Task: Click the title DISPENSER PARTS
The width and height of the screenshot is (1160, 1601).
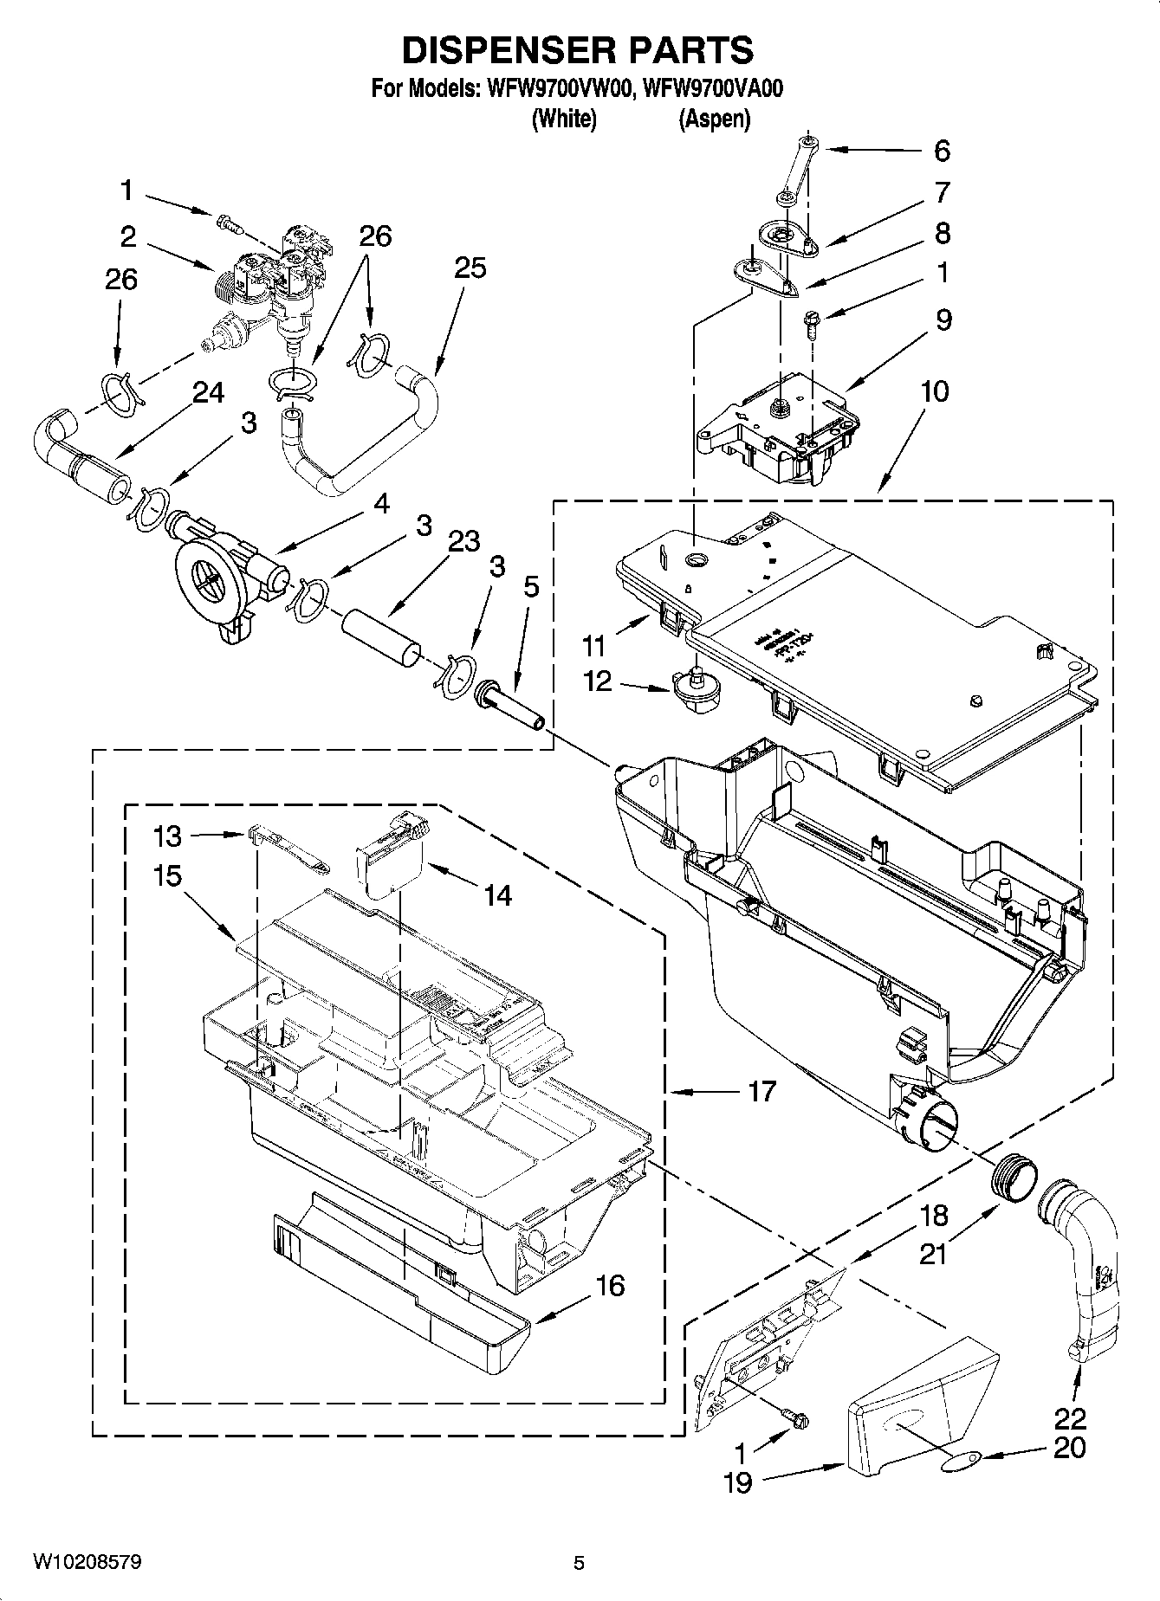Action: (x=578, y=50)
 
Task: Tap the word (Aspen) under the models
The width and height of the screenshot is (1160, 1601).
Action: (x=713, y=119)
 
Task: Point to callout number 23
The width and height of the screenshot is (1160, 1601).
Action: (x=464, y=541)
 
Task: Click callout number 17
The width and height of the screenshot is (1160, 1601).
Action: (x=761, y=1091)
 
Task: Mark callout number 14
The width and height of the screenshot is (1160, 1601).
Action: (x=497, y=894)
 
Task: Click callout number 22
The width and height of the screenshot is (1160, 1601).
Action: (x=1070, y=1419)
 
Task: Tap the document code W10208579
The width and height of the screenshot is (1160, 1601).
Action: (x=87, y=1562)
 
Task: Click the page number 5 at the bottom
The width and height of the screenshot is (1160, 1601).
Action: (x=579, y=1563)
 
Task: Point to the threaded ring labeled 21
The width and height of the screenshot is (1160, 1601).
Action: (x=1014, y=1181)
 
